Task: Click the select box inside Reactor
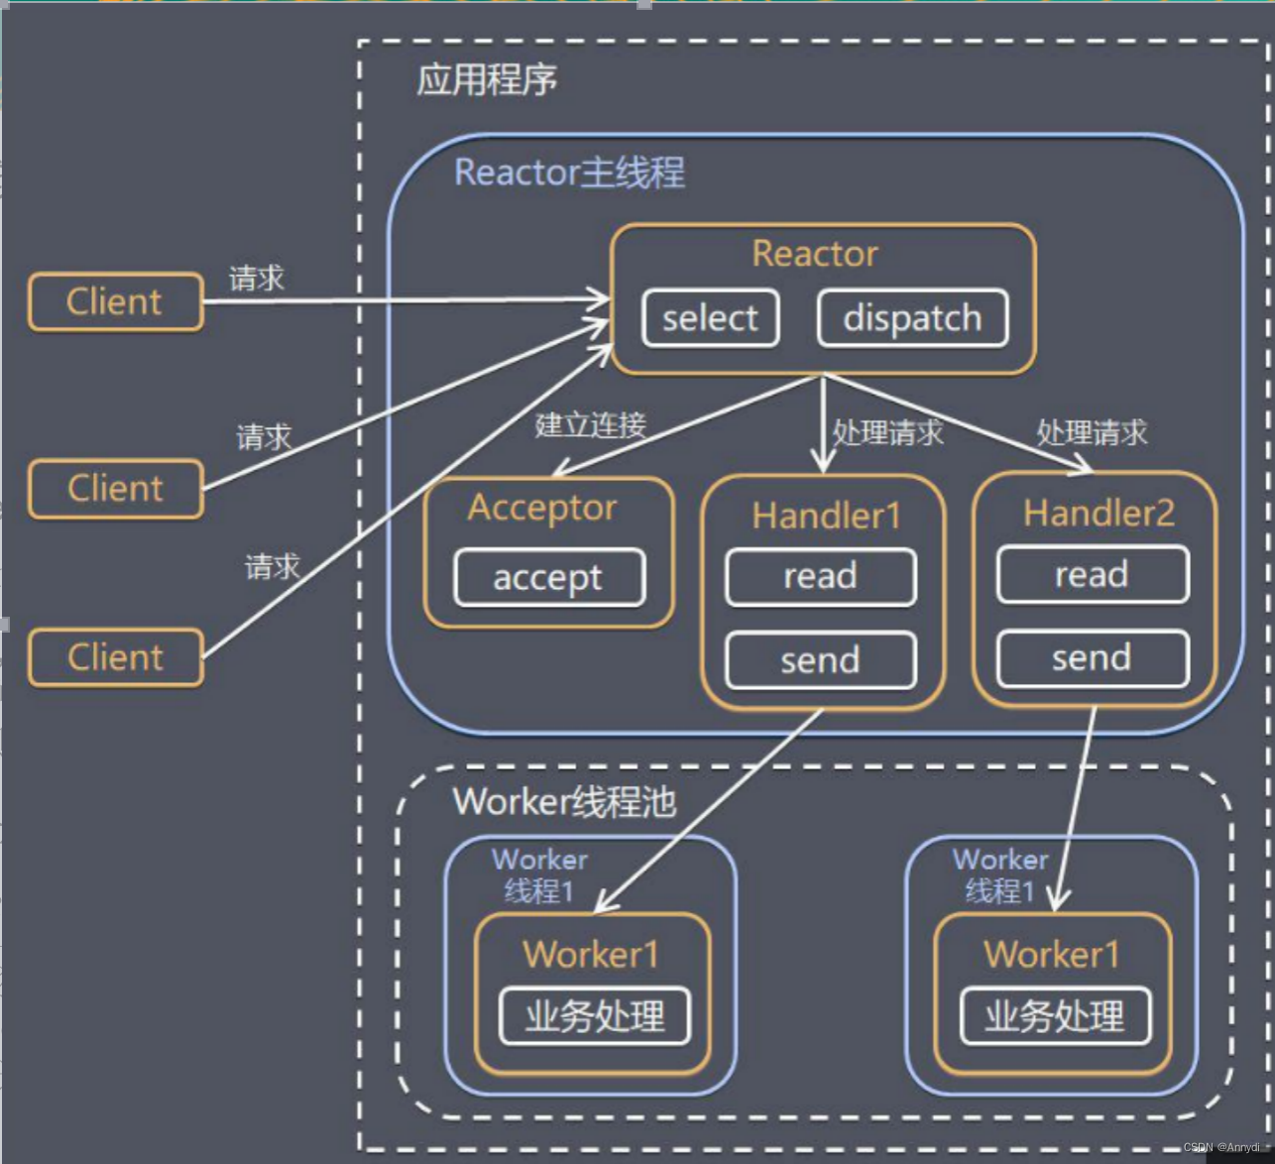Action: click(710, 318)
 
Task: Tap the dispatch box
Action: click(912, 318)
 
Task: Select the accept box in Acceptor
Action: click(549, 577)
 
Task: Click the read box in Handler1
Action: click(820, 576)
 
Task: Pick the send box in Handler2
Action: click(1092, 658)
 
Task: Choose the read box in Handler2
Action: click(1092, 575)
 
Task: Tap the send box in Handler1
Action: click(820, 660)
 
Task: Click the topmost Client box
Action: click(115, 301)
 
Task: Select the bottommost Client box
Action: click(115, 657)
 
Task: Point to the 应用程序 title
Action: click(486, 80)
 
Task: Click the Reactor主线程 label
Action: click(569, 173)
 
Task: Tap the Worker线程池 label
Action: click(564, 801)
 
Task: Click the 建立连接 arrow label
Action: click(591, 425)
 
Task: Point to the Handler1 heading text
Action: click(826, 516)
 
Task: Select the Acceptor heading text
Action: click(542, 508)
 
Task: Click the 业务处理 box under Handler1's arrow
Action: click(594, 1016)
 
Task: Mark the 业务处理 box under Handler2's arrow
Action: click(1055, 1016)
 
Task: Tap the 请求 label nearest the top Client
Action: click(257, 279)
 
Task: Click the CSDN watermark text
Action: click(1225, 1147)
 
